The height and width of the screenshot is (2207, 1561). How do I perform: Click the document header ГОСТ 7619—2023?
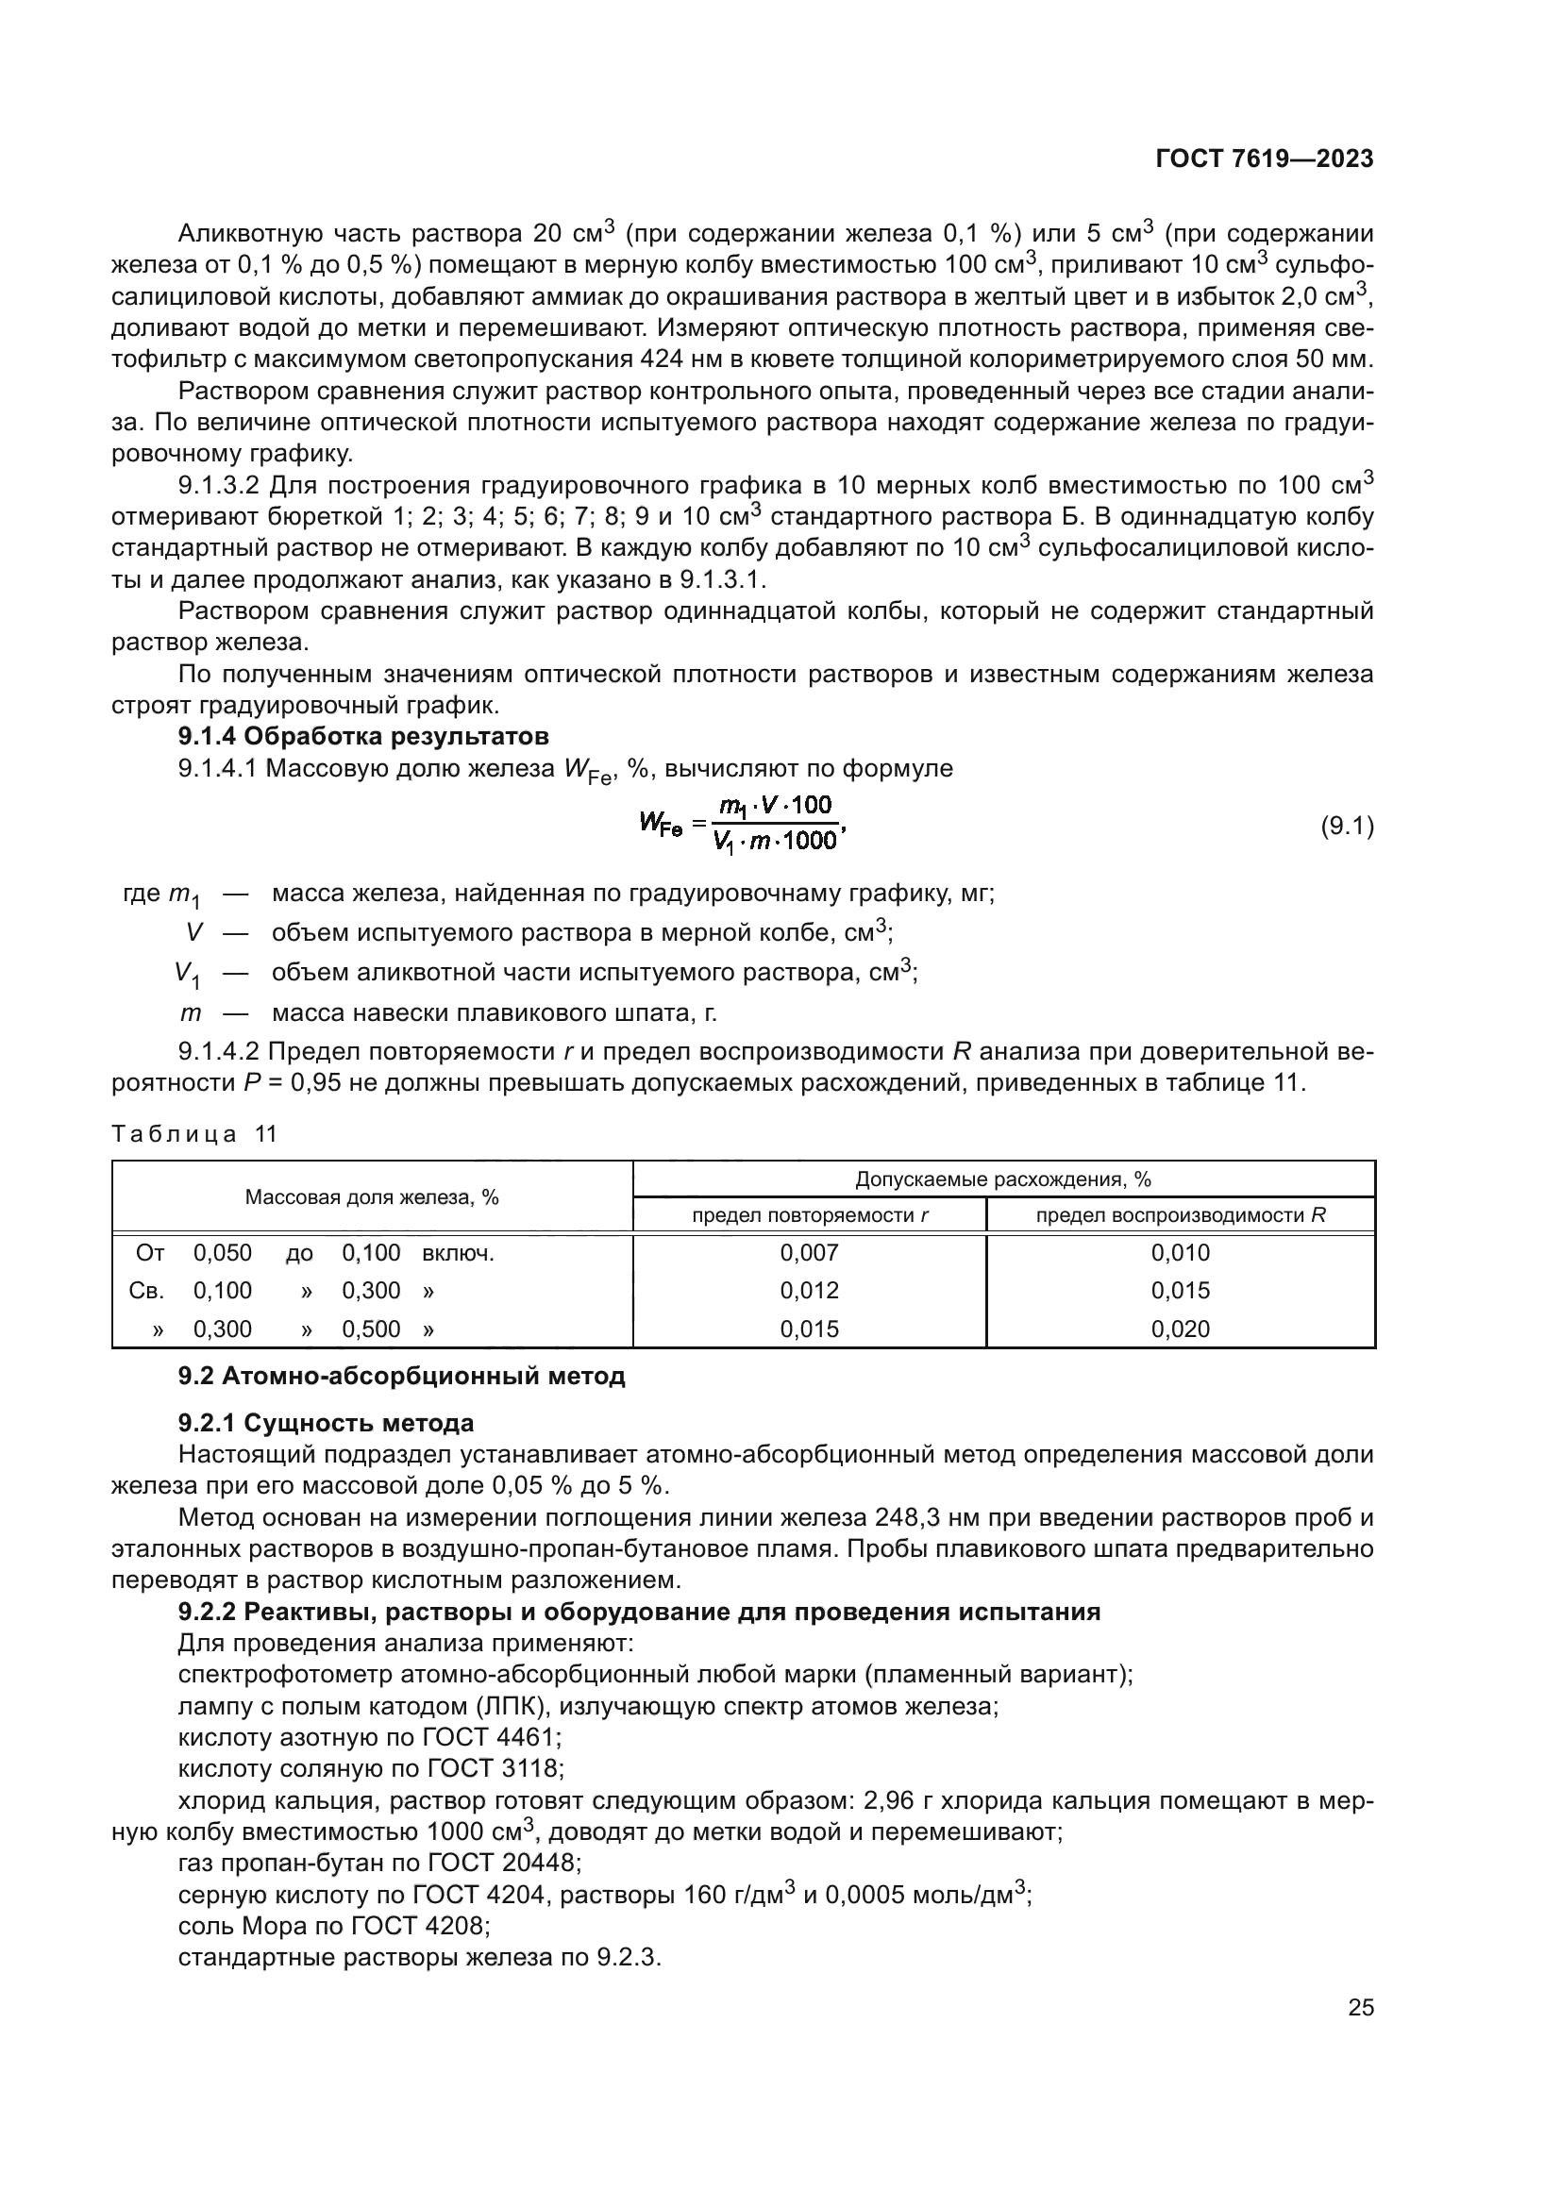tap(1263, 159)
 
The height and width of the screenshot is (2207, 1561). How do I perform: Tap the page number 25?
tap(1360, 2007)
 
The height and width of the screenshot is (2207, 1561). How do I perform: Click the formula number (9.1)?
tap(1347, 826)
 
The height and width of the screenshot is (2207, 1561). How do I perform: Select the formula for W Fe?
tap(741, 824)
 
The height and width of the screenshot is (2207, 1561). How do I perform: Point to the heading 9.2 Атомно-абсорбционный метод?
tap(401, 1376)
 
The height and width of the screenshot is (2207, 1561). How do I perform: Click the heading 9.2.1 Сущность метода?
tap(326, 1423)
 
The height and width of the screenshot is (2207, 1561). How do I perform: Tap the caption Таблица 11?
tap(194, 1134)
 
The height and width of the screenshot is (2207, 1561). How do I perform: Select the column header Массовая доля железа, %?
tap(372, 1196)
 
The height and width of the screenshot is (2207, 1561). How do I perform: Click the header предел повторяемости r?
tap(810, 1215)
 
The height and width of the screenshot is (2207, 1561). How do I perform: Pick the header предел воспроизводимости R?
tap(1181, 1215)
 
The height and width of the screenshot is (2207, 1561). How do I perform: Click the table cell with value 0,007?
tap(810, 1252)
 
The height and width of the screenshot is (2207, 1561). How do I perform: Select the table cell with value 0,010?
tap(1181, 1252)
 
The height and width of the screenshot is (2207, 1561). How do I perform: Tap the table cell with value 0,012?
tap(810, 1290)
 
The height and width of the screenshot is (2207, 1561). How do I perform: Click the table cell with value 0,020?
tap(1181, 1329)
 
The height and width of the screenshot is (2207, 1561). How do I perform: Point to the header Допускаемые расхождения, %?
tap(1002, 1179)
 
